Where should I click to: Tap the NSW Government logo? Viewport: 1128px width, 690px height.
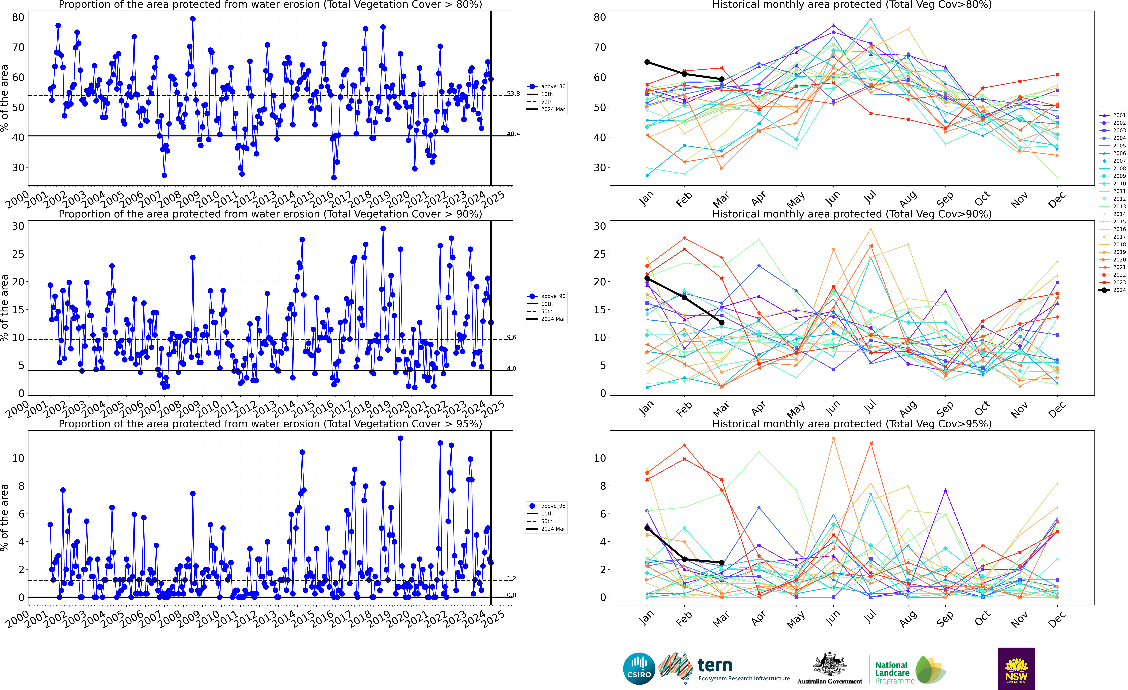pos(1016,668)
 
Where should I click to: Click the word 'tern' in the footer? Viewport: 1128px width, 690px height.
pos(715,665)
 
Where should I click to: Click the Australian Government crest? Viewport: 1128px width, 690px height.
pos(830,664)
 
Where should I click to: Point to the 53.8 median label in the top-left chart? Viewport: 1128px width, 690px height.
pos(513,94)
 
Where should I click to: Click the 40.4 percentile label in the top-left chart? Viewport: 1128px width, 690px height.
pos(513,134)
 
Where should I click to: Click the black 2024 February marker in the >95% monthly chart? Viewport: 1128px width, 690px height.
pos(684,559)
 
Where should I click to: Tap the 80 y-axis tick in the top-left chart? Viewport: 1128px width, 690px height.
pos(18,17)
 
